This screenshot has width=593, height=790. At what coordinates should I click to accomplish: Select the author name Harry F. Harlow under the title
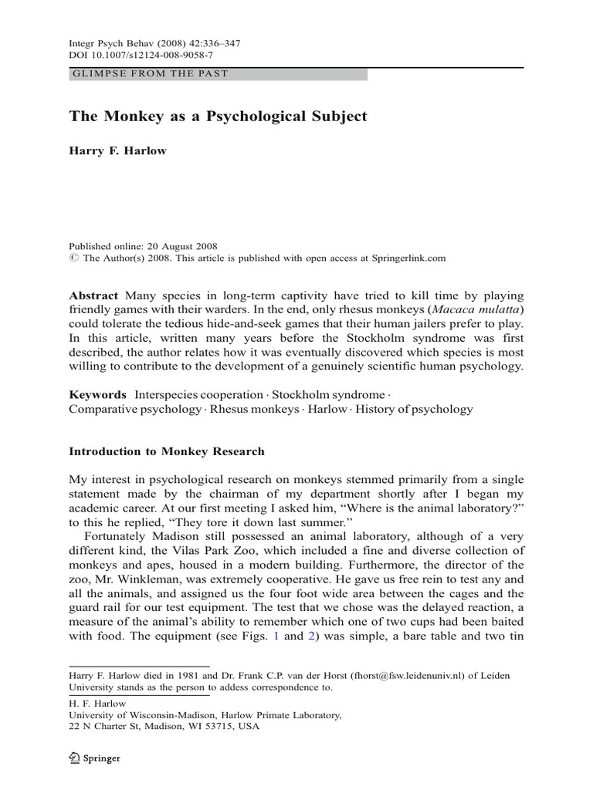coord(117,150)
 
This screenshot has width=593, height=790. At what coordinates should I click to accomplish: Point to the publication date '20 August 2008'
coord(177,246)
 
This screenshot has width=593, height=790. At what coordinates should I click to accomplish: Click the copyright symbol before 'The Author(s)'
coord(73,258)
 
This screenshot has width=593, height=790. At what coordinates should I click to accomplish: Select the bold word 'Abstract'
coord(93,295)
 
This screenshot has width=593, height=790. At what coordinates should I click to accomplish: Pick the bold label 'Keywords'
coord(98,394)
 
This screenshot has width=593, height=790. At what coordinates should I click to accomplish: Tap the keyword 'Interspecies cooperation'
coord(199,394)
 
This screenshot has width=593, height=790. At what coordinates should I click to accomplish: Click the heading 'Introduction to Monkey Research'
coord(167,451)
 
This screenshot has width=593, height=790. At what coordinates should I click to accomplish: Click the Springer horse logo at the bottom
coord(75,759)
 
